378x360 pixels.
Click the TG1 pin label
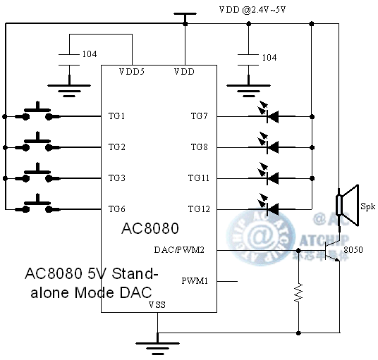tap(116, 116)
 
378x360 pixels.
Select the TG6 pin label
tap(116, 209)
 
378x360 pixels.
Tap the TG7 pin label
tap(199, 116)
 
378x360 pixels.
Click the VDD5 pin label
tap(132, 72)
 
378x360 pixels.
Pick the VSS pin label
tap(157, 304)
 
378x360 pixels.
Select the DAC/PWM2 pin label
tap(181, 249)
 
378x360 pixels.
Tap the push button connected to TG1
tap(37, 113)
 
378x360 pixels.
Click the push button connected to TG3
tap(37, 175)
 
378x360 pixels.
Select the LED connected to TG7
tap(267, 116)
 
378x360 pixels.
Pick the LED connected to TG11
tap(267, 178)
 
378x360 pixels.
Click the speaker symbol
tap(347, 204)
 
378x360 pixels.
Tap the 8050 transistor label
tap(353, 249)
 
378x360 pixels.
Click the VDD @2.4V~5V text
tap(252, 11)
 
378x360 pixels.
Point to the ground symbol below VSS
tap(156, 346)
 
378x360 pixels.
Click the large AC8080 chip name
tap(151, 229)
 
